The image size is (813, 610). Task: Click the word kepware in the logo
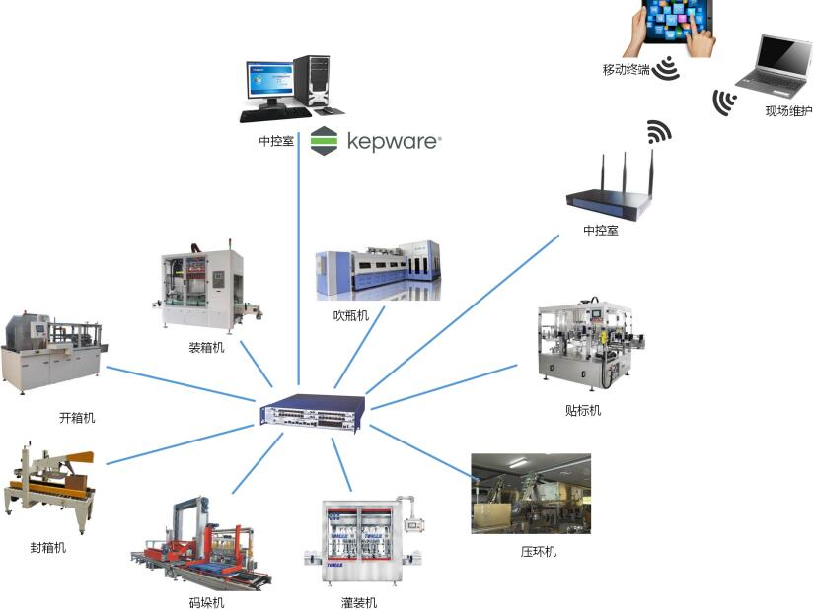(393, 142)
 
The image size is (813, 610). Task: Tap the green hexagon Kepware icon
(324, 141)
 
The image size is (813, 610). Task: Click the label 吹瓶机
(350, 315)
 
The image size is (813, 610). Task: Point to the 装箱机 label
(206, 347)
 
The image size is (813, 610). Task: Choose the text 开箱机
(77, 417)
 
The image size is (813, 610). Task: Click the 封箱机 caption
(47, 547)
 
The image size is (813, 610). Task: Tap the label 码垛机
(206, 602)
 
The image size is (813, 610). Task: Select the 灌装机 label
(358, 602)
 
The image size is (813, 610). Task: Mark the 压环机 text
(538, 552)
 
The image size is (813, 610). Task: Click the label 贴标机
(582, 410)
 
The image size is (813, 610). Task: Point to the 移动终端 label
(626, 70)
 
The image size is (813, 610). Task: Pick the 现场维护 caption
(787, 111)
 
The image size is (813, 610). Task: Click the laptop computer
(775, 66)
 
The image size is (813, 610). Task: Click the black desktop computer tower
(312, 81)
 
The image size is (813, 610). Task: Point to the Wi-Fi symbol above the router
(658, 131)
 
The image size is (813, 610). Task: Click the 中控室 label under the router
(601, 231)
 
